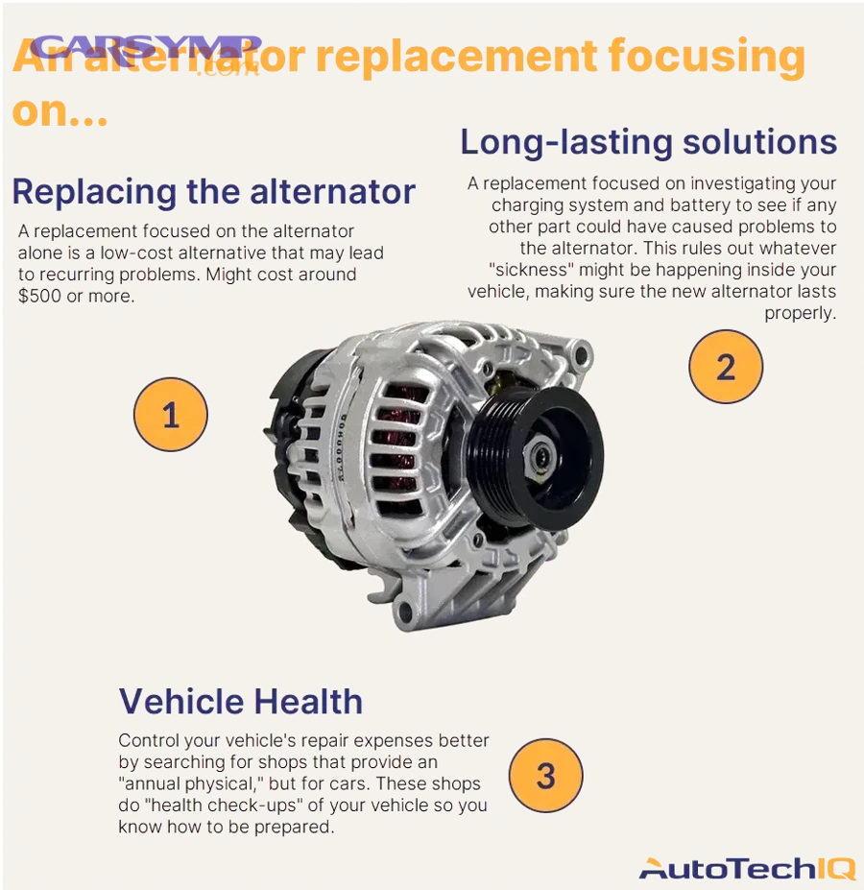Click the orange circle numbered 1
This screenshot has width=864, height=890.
click(x=170, y=415)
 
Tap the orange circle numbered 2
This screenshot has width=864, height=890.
click(x=726, y=367)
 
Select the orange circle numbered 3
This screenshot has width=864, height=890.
click(x=545, y=775)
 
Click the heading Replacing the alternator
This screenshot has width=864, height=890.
click(x=213, y=191)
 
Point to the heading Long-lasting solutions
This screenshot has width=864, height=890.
click(x=648, y=142)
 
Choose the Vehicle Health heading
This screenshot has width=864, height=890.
click(x=241, y=701)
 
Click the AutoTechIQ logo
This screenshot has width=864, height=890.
click(x=746, y=869)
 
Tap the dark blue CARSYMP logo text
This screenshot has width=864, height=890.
click(x=146, y=47)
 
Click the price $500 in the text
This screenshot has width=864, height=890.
click(x=37, y=296)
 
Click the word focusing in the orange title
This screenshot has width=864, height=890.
click(x=705, y=59)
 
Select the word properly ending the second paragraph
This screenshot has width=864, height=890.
click(x=800, y=313)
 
